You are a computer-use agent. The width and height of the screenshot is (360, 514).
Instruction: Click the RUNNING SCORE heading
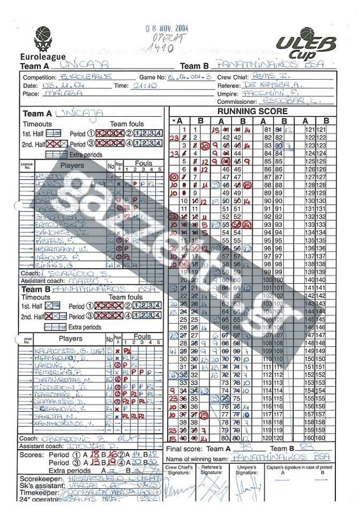(x=252, y=111)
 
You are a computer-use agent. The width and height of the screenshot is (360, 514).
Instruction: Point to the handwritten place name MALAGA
(x=64, y=93)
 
